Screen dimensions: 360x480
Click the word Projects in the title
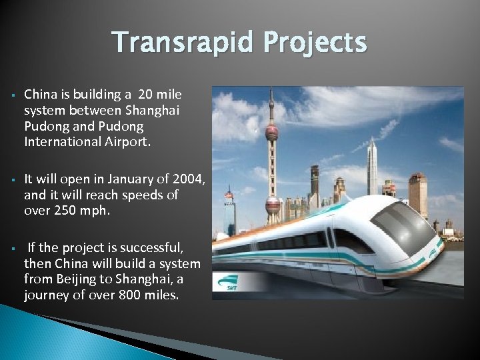315,43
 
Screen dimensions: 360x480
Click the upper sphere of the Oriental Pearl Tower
271,132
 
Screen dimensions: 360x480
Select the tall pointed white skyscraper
372,167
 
